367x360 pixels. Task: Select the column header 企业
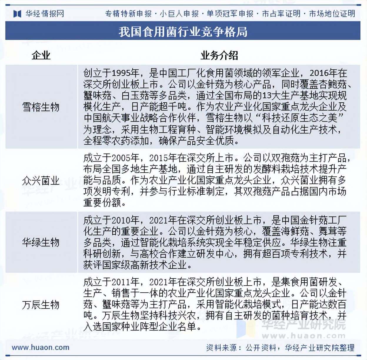pyautogui.click(x=41, y=55)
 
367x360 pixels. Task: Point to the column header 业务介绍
pyautogui.click(x=219, y=55)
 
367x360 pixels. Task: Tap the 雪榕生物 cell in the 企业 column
pyautogui.click(x=41, y=107)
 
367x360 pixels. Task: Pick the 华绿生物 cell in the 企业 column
pyautogui.click(x=41, y=242)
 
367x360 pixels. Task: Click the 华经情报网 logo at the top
pyautogui.click(x=39, y=14)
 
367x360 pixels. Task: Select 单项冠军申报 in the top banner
pyautogui.click(x=230, y=14)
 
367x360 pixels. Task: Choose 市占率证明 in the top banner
pyautogui.click(x=281, y=14)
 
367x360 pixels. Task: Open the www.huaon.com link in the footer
pyautogui.click(x=40, y=347)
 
